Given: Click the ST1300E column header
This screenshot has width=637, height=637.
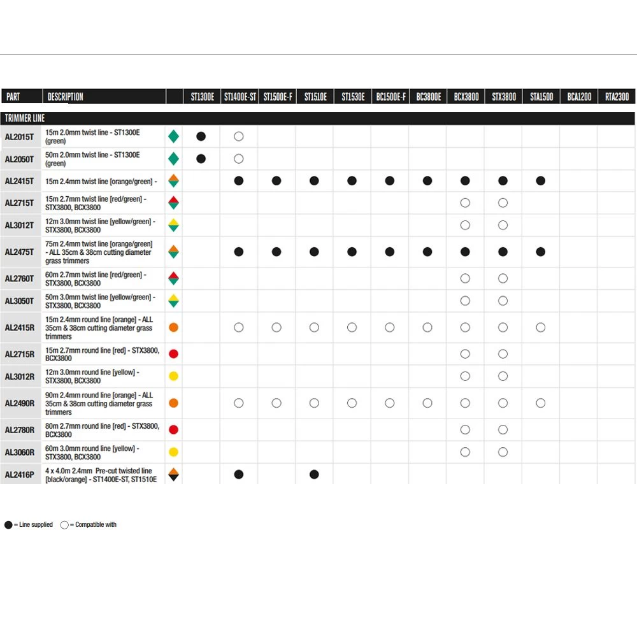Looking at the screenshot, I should click(x=202, y=97).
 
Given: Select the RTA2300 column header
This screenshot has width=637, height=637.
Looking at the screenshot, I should click(x=617, y=97).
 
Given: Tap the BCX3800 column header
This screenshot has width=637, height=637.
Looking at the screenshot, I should click(x=466, y=97).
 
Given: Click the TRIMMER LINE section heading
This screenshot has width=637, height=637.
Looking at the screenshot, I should click(x=25, y=118).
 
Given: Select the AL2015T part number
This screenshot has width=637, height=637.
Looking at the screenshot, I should click(x=20, y=136).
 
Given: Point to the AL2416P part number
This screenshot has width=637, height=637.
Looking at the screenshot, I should click(x=20, y=475).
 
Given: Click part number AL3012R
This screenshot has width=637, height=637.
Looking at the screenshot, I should click(x=20, y=376).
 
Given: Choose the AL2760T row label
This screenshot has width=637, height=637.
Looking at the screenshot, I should click(x=20, y=278).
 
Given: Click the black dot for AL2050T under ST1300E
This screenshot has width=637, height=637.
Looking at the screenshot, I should click(x=201, y=159).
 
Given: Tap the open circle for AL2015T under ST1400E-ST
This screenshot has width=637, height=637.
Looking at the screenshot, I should click(x=239, y=136).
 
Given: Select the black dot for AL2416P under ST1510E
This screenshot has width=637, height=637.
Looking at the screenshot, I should click(x=314, y=475).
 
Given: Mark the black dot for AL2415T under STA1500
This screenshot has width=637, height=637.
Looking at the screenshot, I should click(x=541, y=181).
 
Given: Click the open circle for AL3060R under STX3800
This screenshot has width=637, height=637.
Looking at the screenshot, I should click(x=503, y=452).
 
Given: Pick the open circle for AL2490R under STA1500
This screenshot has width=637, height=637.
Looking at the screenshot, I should click(x=541, y=403).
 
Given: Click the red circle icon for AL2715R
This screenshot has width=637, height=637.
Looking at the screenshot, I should click(x=173, y=354).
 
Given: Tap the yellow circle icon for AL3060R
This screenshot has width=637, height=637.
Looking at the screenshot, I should click(x=173, y=452).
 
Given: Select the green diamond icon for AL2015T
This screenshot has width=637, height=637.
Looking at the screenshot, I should click(x=173, y=136).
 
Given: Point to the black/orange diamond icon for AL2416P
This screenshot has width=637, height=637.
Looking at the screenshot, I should click(x=173, y=475).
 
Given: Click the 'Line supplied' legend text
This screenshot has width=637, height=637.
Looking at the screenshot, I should click(x=33, y=525).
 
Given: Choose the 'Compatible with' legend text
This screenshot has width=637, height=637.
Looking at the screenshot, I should click(x=96, y=525).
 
